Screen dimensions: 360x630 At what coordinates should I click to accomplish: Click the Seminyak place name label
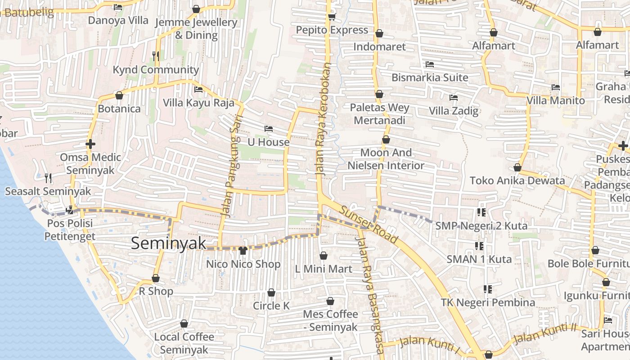click(168, 243)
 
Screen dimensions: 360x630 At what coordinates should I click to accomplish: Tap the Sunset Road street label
click(369, 225)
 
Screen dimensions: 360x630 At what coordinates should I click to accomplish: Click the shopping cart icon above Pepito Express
click(332, 17)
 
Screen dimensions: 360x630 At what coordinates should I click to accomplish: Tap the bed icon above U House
click(269, 129)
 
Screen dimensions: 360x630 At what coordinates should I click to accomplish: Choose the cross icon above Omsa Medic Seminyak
click(90, 144)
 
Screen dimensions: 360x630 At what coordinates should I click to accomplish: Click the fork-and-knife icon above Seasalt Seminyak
click(48, 178)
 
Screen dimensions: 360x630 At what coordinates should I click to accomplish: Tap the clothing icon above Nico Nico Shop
click(243, 251)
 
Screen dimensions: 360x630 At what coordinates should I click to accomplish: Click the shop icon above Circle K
click(271, 293)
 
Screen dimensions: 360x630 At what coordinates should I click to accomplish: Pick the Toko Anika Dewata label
click(517, 180)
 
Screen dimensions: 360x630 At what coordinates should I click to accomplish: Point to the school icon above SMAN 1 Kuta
click(479, 246)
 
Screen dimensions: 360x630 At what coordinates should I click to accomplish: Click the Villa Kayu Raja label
click(198, 103)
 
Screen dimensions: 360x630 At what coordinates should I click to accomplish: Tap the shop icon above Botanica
click(119, 95)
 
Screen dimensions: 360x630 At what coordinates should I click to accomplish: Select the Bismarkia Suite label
click(430, 77)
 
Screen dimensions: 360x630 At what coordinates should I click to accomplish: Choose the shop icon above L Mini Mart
click(324, 256)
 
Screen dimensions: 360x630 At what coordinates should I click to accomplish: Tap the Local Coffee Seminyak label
click(184, 343)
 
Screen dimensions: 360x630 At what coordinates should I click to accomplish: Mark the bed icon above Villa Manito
click(556, 87)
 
